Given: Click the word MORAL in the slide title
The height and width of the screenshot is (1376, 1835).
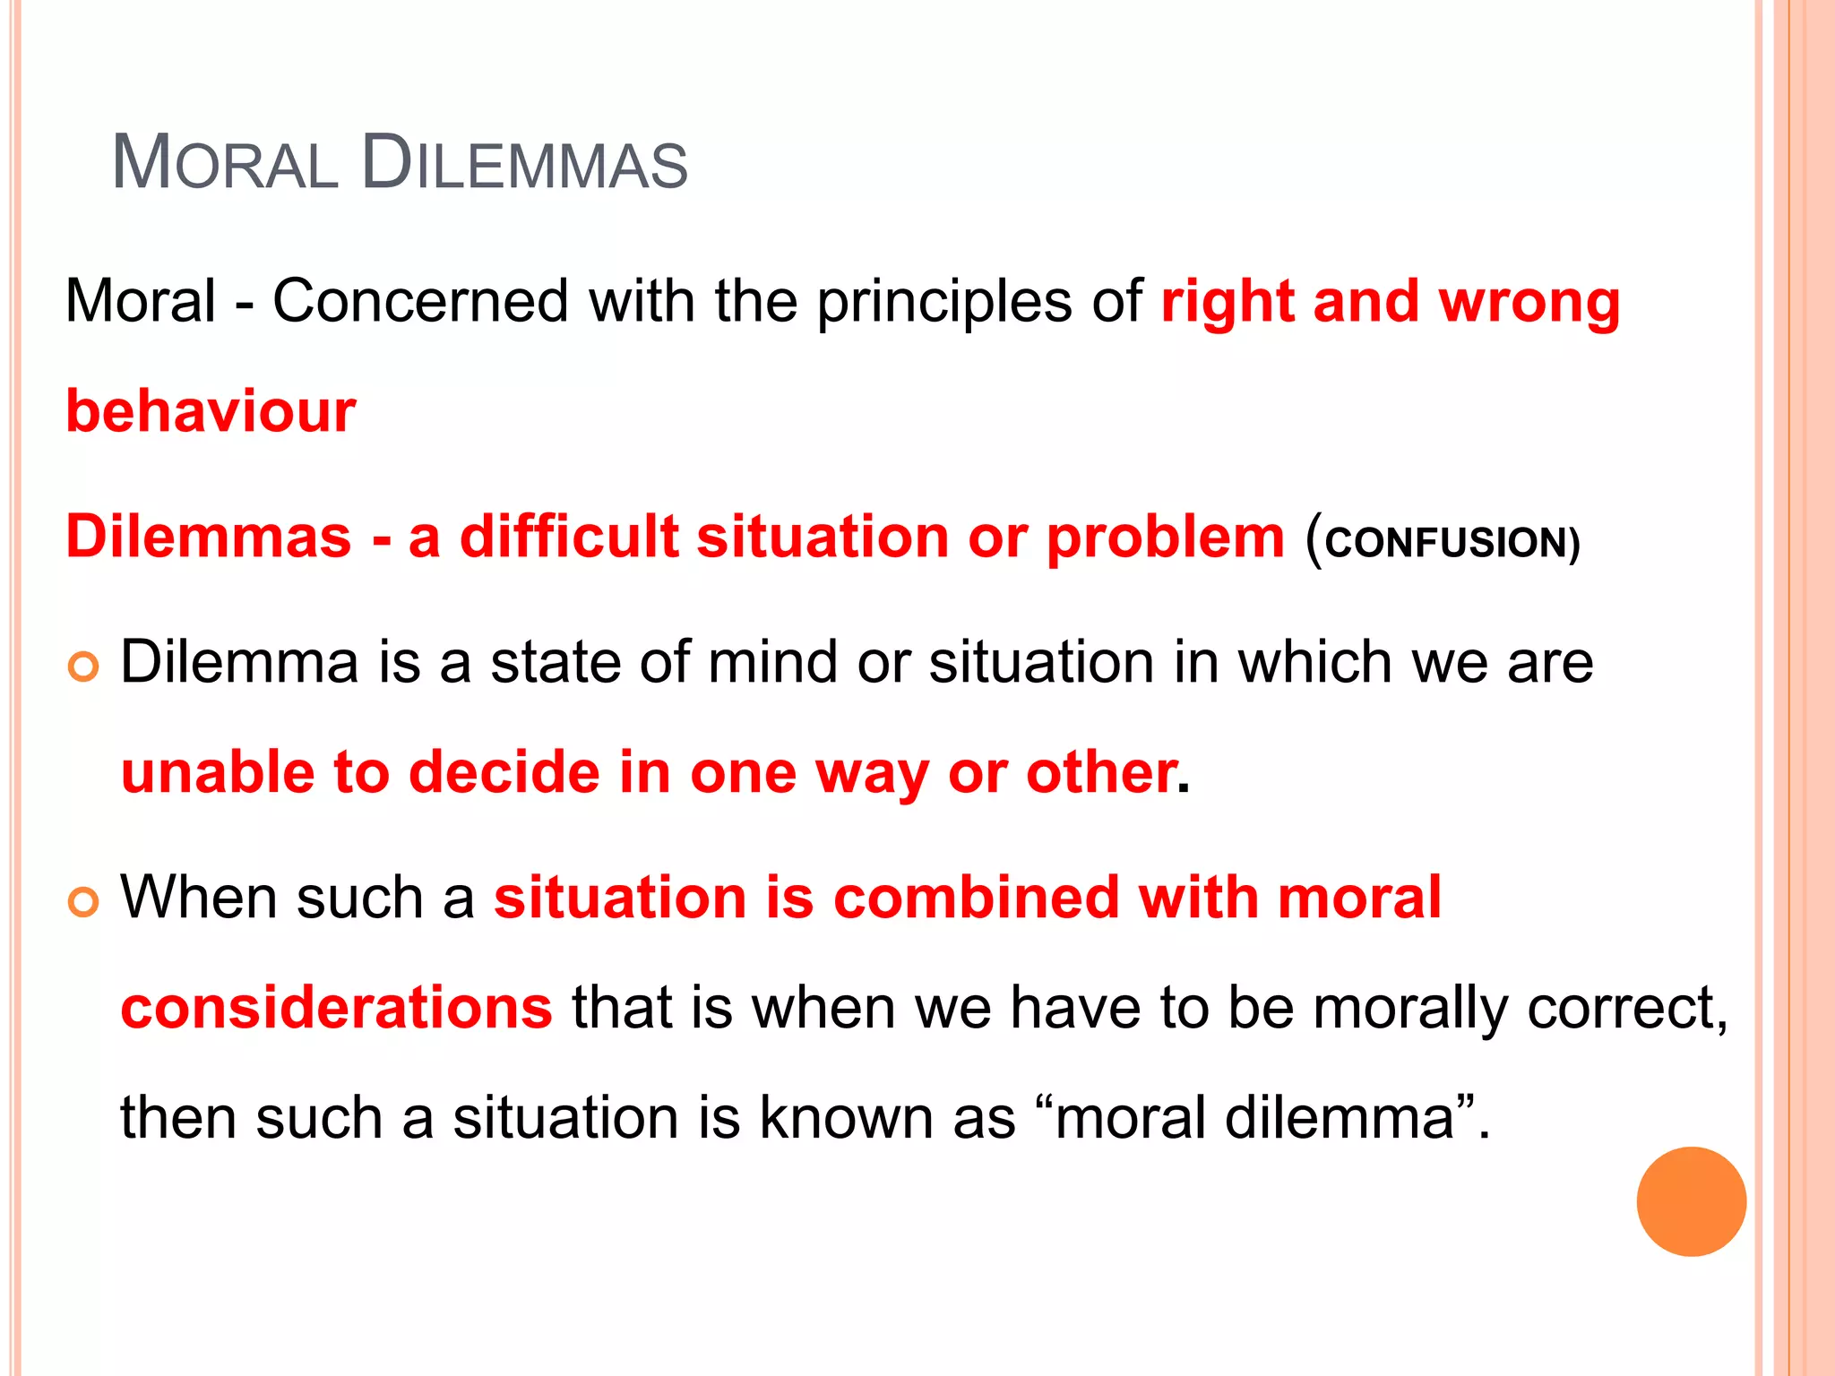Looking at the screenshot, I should coord(225,163).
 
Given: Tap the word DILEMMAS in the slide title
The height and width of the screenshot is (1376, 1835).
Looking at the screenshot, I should coord(525,163).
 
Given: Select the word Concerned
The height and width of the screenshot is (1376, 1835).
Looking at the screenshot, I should coord(420,301).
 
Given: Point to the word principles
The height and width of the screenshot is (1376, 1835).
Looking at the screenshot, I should coord(943,303).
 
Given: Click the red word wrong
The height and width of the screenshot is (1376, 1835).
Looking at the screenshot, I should coord(1529,303).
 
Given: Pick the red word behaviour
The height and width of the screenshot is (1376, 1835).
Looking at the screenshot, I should coord(211,412).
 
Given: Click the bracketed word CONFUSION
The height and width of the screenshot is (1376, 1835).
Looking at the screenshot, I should coord(1444,543).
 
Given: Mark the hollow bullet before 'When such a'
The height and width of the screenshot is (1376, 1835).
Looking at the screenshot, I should coord(83,902).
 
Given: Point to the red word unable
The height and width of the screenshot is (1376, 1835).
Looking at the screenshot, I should coord(218,772).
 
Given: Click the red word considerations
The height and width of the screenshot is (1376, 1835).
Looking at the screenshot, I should coord(337,1008).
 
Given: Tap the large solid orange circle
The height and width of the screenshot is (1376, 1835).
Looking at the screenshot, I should coord(1691,1201).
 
